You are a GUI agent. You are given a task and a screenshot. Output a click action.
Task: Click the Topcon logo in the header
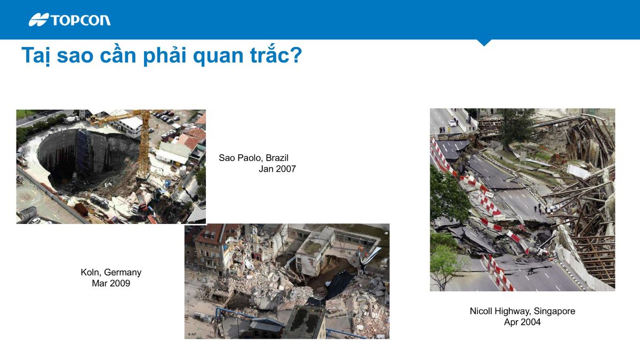point(70,20)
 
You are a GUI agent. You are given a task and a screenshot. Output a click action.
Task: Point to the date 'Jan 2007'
point(277,169)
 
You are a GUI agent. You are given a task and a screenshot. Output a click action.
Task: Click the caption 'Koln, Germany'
point(111,273)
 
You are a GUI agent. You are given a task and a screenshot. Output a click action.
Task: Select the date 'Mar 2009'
point(111,283)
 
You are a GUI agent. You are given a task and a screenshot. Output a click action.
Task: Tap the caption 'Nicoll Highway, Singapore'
point(522,311)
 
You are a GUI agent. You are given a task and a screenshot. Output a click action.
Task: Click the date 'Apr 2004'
point(522,322)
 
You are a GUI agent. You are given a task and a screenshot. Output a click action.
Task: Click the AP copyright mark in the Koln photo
point(192,334)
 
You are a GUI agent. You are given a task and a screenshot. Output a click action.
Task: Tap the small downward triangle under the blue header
point(484,43)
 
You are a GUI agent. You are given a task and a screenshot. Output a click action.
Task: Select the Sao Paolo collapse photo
point(111,166)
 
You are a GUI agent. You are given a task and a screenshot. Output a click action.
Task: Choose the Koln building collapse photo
point(287,281)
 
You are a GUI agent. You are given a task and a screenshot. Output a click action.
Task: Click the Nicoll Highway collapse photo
point(522,199)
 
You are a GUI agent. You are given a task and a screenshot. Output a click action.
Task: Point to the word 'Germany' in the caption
point(124,273)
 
